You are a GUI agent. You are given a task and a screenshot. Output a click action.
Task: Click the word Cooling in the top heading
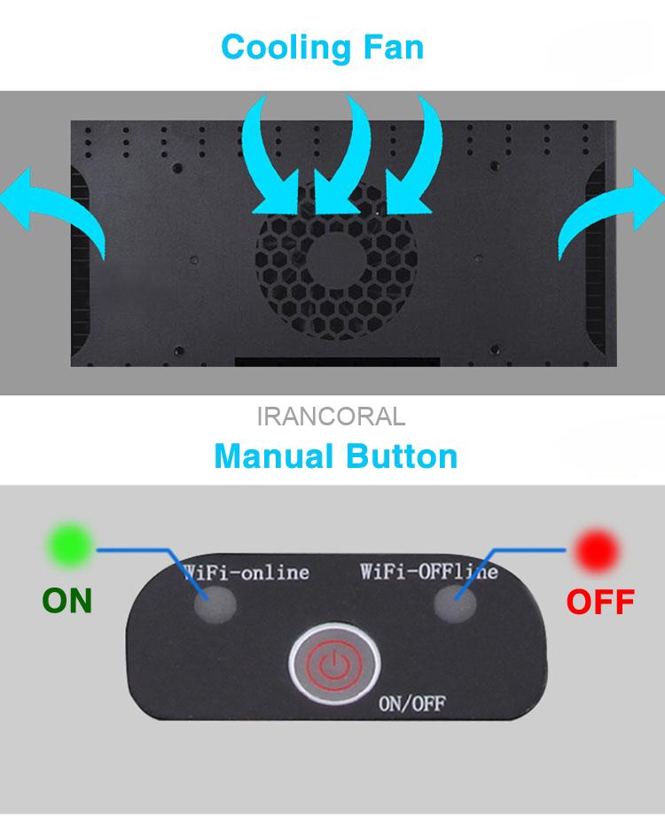point(286,48)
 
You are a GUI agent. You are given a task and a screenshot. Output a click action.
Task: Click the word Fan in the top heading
point(394,47)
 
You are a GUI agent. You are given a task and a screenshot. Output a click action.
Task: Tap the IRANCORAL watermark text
point(331,416)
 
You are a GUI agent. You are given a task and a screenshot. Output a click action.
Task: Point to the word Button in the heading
point(402,456)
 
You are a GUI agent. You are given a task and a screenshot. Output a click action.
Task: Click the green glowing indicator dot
point(70,545)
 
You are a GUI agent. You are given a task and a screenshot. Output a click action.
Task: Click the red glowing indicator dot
point(597,551)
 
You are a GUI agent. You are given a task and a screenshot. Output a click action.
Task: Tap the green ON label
point(67,601)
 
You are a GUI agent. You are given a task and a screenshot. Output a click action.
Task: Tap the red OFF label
point(600,602)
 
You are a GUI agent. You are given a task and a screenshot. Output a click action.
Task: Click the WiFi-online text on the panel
point(246,572)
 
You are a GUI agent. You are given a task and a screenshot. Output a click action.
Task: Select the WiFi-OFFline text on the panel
point(429,572)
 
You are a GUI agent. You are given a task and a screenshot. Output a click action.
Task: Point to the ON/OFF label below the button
point(412,704)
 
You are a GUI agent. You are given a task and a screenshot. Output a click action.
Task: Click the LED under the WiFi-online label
point(215,604)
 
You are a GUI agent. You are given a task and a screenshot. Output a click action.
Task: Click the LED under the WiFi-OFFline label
point(455,603)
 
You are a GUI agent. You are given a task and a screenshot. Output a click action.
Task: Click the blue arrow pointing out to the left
point(53,206)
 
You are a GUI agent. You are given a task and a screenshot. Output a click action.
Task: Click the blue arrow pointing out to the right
point(611,210)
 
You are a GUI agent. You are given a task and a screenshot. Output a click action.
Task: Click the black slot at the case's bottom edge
point(337,362)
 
